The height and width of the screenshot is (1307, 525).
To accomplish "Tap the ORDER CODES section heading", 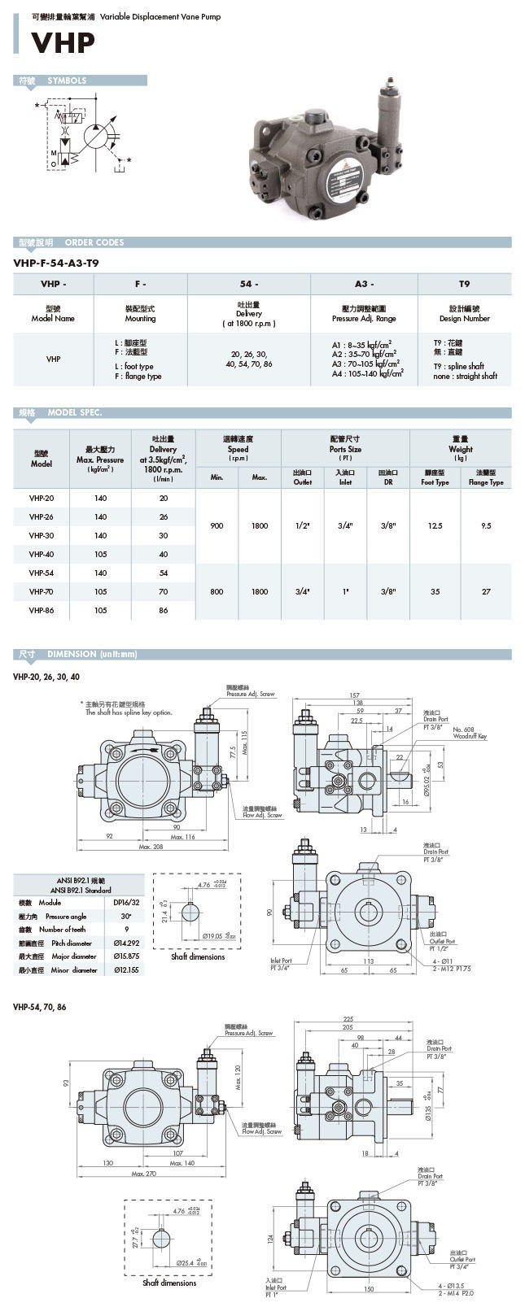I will (94, 242).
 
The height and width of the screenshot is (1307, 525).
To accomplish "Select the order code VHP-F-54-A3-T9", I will (57, 263).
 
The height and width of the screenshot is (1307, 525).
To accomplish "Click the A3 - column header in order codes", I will (364, 284).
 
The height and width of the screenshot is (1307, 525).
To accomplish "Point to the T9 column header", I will (464, 284).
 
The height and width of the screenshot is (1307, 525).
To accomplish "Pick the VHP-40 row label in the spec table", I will (42, 554).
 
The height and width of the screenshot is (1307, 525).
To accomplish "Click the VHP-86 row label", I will (42, 610).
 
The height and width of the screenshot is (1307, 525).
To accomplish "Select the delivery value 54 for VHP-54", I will (164, 573).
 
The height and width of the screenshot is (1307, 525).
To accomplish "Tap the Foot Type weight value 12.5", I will (435, 526).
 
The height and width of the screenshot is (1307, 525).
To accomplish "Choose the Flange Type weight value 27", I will (486, 591).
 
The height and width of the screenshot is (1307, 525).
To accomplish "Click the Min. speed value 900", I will (217, 526).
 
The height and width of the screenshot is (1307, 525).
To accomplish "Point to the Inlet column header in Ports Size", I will (345, 477).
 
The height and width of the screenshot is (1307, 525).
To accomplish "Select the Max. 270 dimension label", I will (145, 1174).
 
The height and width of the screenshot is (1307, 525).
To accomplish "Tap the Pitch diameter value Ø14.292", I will (126, 943).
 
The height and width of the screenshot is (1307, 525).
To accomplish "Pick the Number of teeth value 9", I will (126, 930).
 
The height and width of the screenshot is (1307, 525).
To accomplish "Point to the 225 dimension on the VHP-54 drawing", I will (348, 1018).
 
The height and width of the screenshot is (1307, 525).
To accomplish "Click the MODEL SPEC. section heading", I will (75, 412).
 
